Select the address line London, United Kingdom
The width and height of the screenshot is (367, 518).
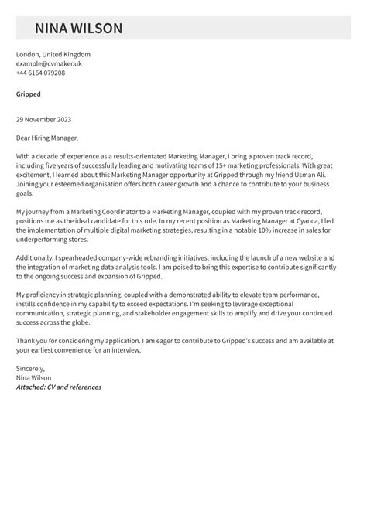point(53,55)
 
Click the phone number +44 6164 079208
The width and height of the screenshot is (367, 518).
point(40,73)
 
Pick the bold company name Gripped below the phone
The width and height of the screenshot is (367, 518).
point(28,94)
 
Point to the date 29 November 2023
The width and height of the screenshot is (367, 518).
point(46,120)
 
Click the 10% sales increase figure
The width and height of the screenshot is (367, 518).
point(252,230)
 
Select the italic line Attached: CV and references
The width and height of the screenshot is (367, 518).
point(59,387)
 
